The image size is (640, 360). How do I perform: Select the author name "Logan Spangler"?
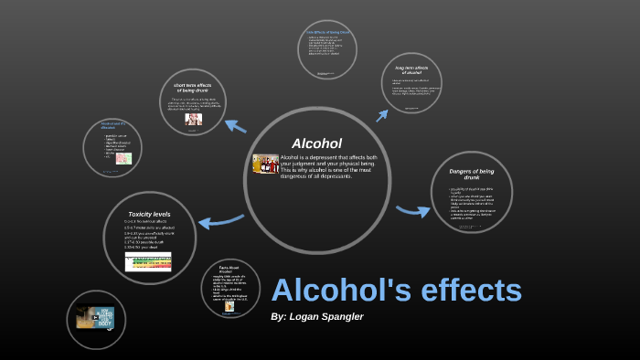coord(326,316)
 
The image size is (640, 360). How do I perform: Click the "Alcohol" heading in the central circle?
coord(316,143)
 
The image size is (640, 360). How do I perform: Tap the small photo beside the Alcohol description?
coord(265,164)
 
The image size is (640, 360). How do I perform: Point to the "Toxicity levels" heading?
coord(149,214)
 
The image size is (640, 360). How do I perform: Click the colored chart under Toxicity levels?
coord(148,261)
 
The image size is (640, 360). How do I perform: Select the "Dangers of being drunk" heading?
coord(472,175)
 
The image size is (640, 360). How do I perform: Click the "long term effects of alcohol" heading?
coord(411,70)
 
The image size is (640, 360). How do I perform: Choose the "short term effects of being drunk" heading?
coord(192,88)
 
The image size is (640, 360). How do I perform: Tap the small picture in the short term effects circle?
coord(193,119)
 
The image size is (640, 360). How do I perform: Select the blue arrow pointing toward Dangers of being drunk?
coord(412,211)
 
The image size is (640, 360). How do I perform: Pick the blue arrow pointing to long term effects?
coord(382,114)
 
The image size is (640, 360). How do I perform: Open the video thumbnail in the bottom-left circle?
coord(95,318)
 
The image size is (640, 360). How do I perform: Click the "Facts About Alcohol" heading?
coord(229,269)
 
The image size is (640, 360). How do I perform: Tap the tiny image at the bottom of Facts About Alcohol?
coord(229,306)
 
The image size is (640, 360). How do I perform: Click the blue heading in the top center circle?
coord(327,33)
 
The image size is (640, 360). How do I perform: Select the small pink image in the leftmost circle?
coord(123,158)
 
